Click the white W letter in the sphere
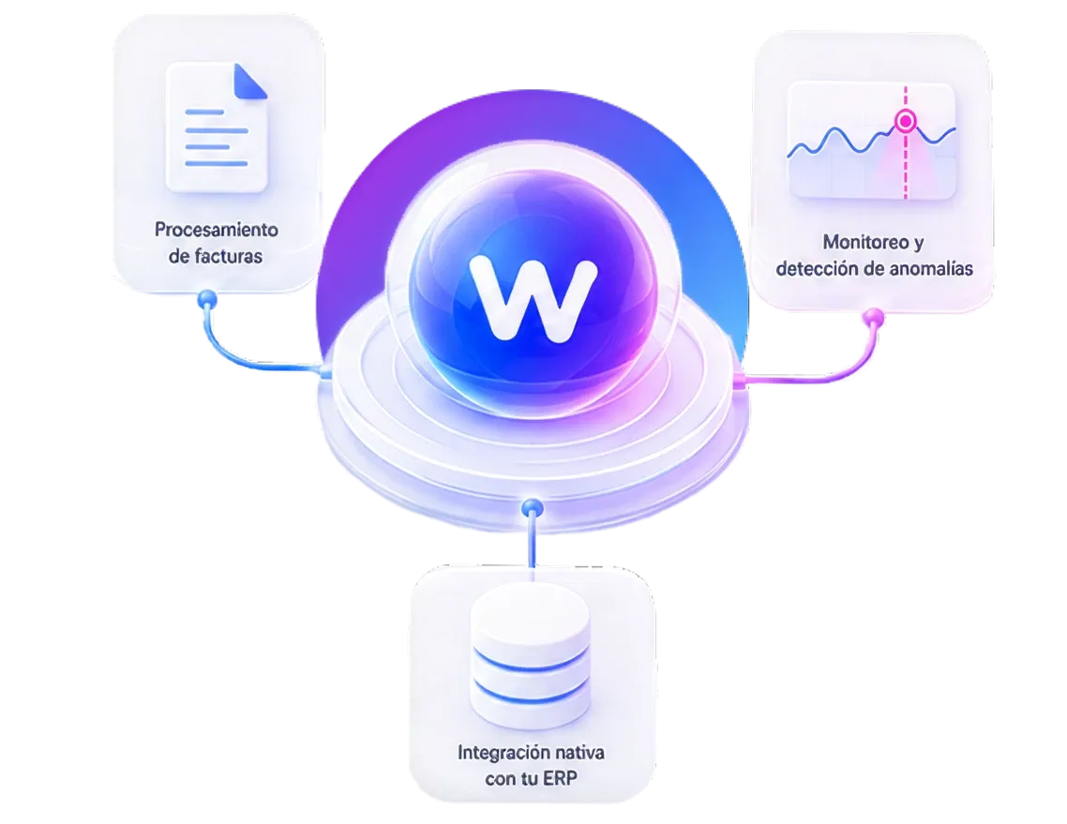(x=533, y=298)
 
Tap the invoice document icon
(x=217, y=127)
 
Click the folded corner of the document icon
(x=249, y=81)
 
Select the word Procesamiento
(x=216, y=230)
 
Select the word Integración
(x=503, y=754)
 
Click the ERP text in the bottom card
(x=560, y=778)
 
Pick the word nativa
(x=579, y=753)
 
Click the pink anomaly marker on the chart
(x=905, y=122)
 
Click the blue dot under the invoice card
(x=207, y=299)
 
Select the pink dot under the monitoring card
(x=873, y=318)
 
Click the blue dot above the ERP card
(x=533, y=507)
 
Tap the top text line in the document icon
(x=204, y=112)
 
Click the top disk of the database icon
(x=531, y=614)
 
